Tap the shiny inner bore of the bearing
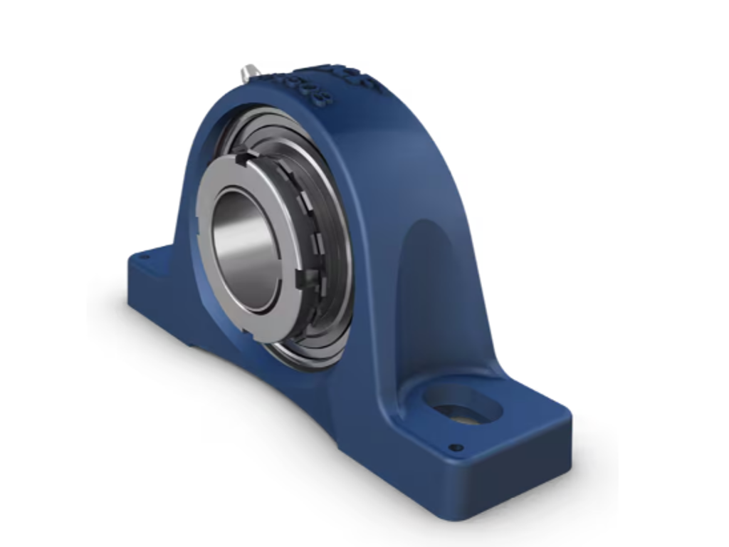click(x=246, y=249)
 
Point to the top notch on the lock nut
click(x=245, y=152)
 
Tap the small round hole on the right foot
click(x=456, y=448)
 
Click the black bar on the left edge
click(x=35, y=273)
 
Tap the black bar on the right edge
click(x=693, y=273)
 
